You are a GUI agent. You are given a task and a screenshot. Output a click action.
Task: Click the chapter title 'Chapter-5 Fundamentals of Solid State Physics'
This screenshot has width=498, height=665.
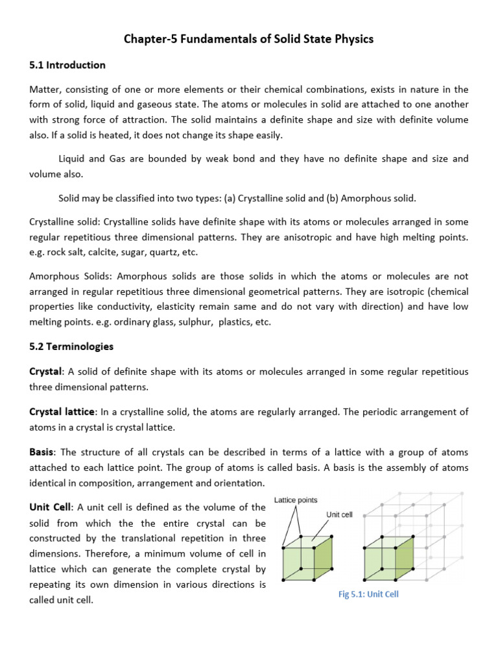tap(248, 40)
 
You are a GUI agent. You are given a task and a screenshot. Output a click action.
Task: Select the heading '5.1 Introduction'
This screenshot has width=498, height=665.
tap(67, 65)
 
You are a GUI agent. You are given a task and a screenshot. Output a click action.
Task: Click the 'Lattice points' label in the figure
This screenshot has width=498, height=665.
tap(296, 500)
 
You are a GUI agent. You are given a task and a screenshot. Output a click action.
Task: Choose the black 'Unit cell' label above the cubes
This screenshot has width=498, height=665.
tap(339, 514)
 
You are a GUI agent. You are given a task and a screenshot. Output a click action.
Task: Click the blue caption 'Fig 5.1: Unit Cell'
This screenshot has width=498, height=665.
tap(368, 594)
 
